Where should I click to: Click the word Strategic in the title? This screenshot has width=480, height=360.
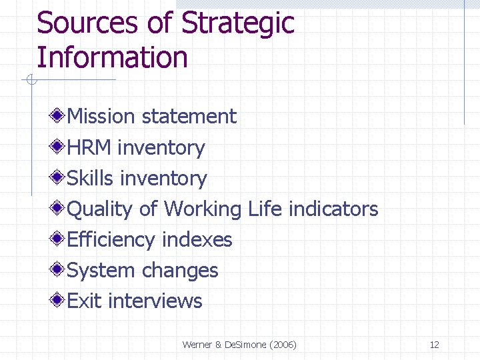tap(237, 23)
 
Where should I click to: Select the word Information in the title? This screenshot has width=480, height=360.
tap(112, 57)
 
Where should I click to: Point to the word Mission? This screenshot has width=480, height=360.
tap(101, 117)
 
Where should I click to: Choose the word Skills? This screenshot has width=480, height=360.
tap(91, 178)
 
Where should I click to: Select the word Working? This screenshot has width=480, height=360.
tap(203, 209)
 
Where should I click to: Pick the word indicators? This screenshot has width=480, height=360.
tap(333, 209)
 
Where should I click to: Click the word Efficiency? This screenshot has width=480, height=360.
tap(112, 240)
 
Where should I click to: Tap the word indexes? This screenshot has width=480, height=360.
tap(197, 240)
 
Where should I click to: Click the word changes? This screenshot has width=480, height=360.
tap(180, 271)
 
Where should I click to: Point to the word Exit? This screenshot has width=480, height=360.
tap(85, 301)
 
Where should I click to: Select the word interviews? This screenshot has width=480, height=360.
tap(155, 301)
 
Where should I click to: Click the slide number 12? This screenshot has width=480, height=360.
tap(434, 345)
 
